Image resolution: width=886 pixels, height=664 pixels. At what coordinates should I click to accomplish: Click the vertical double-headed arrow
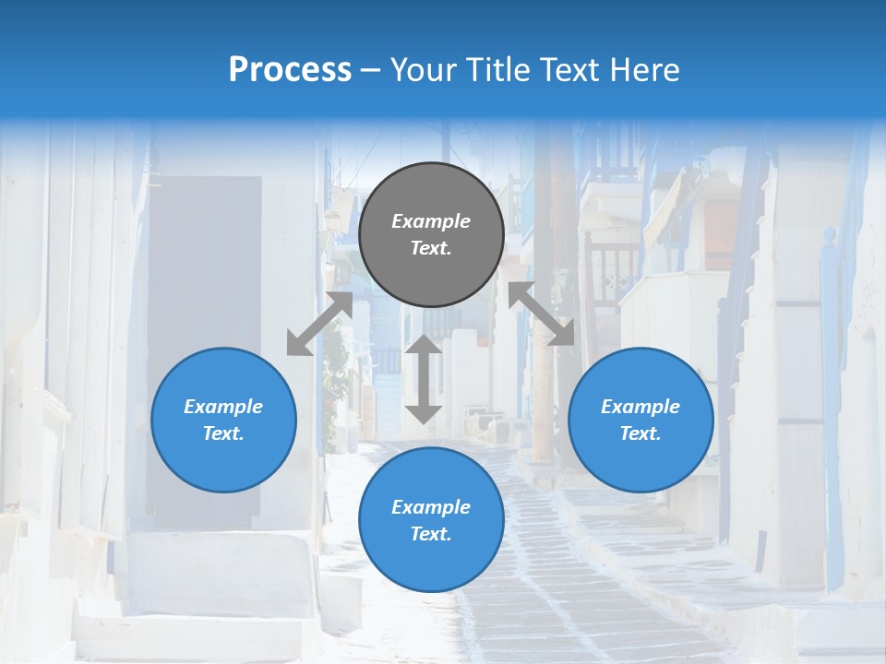[424, 379]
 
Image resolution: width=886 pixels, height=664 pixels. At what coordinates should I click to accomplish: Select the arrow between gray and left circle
[320, 324]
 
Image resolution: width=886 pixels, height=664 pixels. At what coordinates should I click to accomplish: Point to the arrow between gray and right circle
[541, 314]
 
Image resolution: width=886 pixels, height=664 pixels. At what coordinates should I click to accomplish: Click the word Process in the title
[290, 69]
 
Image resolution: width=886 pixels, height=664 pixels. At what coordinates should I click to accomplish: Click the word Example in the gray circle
[431, 221]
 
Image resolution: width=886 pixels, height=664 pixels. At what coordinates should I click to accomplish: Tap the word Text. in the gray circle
[431, 248]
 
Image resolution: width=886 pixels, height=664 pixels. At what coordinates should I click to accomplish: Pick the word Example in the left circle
[223, 407]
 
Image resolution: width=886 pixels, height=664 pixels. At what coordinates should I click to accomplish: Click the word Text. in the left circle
[223, 433]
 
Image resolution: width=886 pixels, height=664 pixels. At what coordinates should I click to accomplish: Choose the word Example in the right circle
[641, 407]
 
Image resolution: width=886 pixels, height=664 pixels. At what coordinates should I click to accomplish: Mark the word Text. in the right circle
[641, 433]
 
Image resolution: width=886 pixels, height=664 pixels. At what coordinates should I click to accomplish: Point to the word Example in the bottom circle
[431, 507]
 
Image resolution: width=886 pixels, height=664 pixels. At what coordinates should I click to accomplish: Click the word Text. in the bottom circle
[431, 534]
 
